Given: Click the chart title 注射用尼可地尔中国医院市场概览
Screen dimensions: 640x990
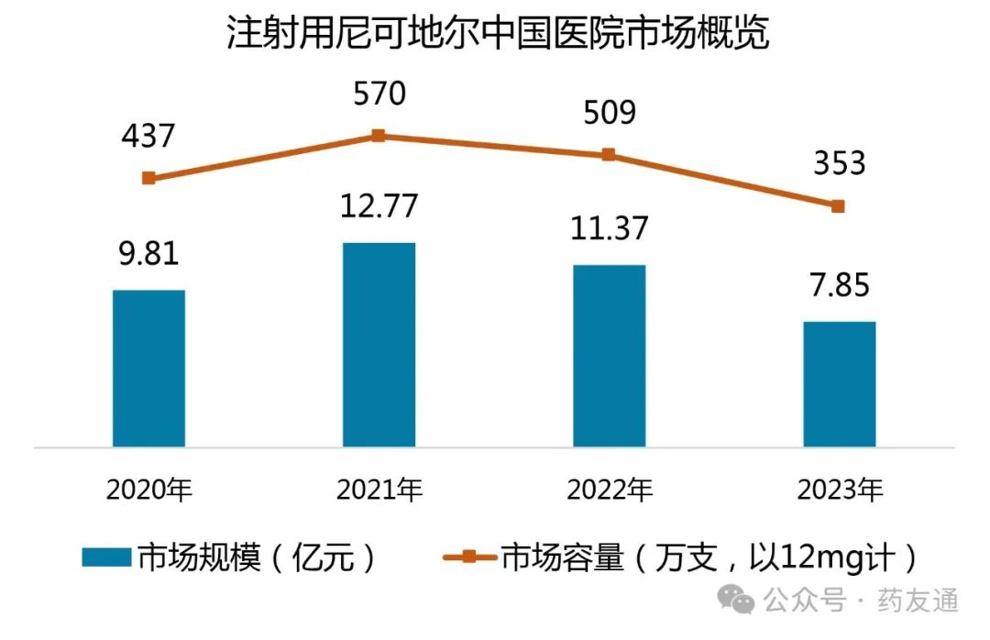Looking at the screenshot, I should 496,36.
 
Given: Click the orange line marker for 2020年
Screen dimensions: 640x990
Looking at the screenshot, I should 148,178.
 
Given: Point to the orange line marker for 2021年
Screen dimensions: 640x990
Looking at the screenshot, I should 379,136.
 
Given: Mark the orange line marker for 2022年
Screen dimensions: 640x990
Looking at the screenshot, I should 609,155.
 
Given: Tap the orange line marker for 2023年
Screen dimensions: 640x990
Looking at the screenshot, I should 839,206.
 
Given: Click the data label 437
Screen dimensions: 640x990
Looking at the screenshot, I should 148,137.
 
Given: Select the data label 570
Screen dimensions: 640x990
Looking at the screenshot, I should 378,94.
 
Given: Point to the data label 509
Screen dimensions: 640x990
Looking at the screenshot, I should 608,114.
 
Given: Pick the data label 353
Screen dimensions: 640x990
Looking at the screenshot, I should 839,164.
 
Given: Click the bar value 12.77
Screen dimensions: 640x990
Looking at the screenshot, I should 379,206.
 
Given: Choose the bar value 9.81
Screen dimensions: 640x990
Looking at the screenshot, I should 148,253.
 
